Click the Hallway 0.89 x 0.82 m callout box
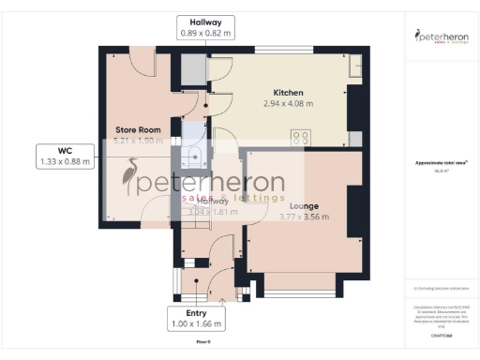point(205,27)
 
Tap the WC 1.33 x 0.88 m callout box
point(65,156)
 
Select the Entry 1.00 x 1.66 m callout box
point(198,319)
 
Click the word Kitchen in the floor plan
point(288,92)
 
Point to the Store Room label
point(139,129)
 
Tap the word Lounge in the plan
point(303,205)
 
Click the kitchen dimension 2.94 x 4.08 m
point(288,103)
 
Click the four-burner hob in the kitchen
point(302,137)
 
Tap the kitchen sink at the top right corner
point(353,67)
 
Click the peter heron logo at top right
point(441,37)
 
